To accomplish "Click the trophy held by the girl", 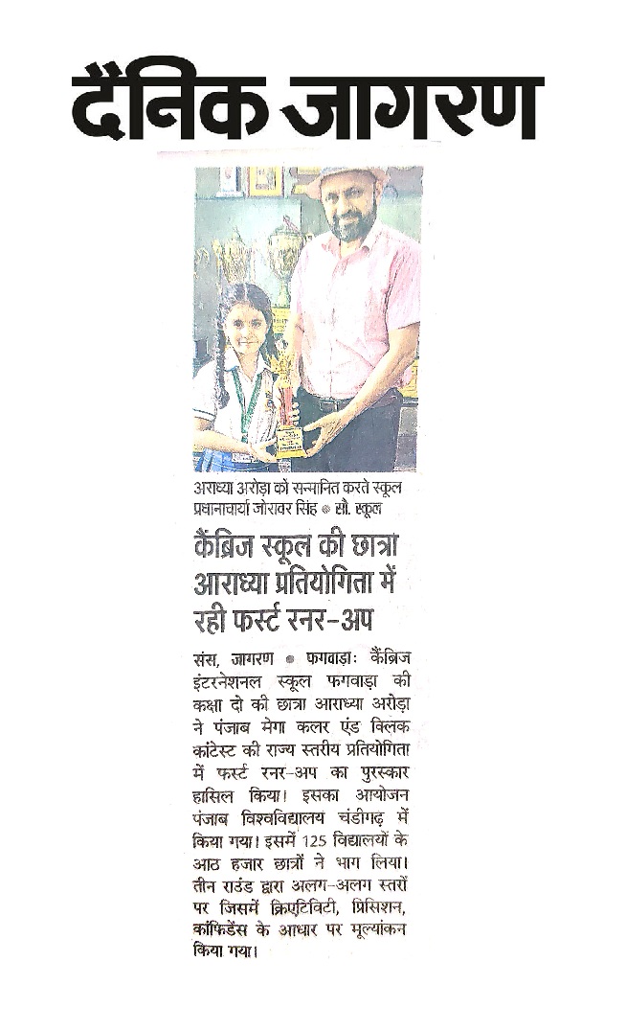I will pyautogui.click(x=285, y=402).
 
